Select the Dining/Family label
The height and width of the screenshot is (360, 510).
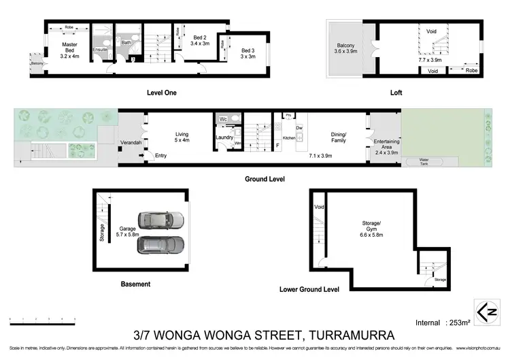[338, 137]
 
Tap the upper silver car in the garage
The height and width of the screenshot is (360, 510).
[162, 220]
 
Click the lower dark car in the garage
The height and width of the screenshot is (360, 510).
[162, 245]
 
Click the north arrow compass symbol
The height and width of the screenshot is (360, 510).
[486, 312]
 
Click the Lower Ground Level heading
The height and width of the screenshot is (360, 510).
[309, 289]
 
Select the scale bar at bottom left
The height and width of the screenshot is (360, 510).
[42, 318]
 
